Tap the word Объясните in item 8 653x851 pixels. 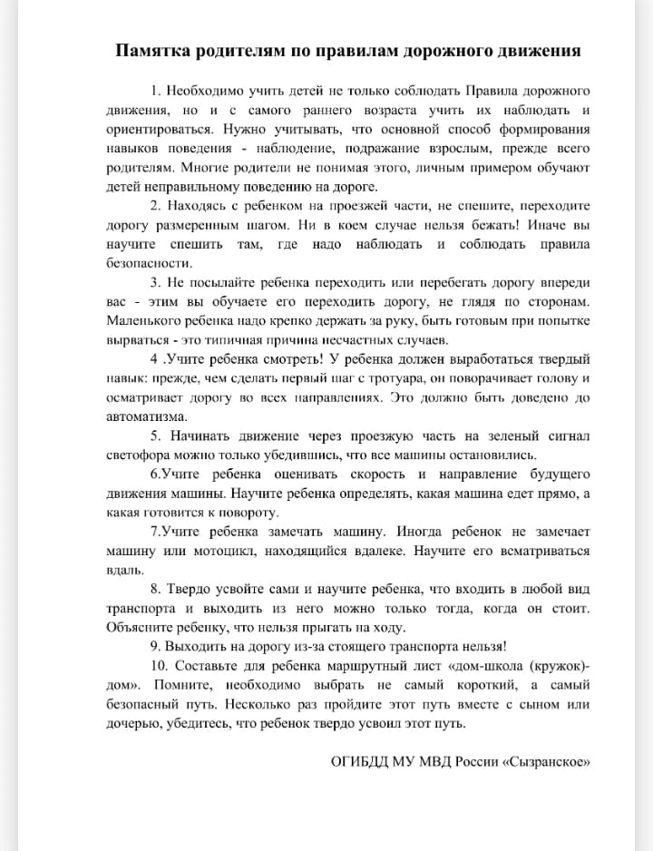[138, 628]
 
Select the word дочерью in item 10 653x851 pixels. [133, 723]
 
